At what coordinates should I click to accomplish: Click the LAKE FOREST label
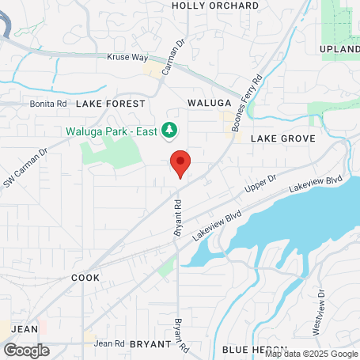pyautogui.click(x=111, y=104)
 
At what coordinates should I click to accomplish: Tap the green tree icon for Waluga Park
pyautogui.click(x=169, y=129)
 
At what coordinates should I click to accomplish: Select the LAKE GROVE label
pyautogui.click(x=283, y=138)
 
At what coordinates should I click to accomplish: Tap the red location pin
pyautogui.click(x=180, y=163)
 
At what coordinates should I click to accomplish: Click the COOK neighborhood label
pyautogui.click(x=85, y=279)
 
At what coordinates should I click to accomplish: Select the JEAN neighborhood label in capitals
pyautogui.click(x=25, y=328)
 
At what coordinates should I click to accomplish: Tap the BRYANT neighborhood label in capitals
pyautogui.click(x=150, y=344)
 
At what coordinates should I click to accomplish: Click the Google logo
pyautogui.click(x=26, y=350)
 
